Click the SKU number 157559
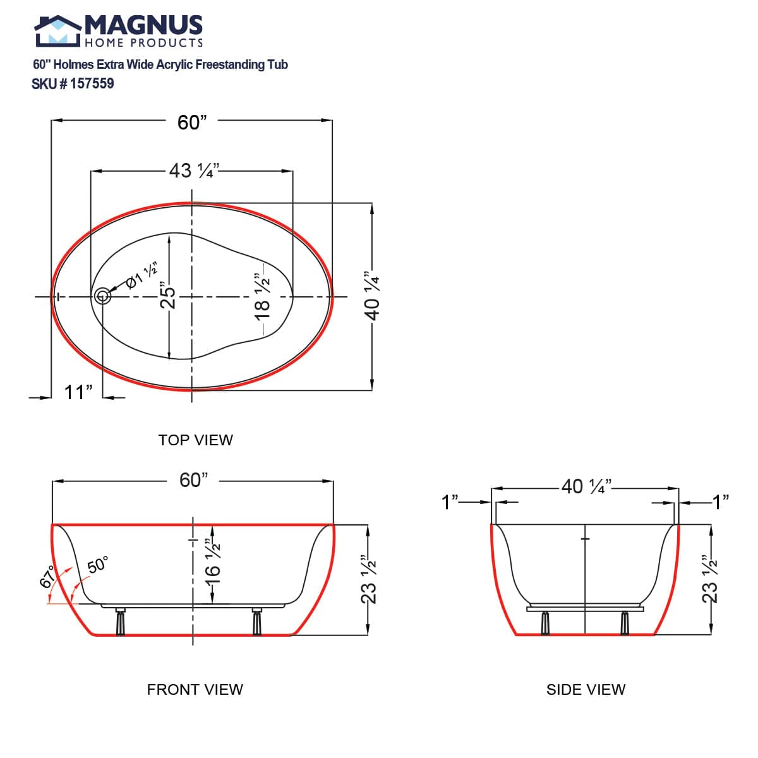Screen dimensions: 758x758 (92, 84)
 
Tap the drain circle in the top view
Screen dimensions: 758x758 (102, 296)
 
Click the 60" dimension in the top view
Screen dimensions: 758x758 (192, 123)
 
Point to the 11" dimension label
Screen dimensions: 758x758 (78, 392)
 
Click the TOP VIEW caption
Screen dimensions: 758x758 (195, 440)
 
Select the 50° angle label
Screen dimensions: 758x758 (98, 565)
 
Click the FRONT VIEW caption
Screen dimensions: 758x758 (195, 690)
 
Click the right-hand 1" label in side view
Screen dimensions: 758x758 (721, 502)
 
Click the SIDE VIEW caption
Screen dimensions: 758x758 (586, 690)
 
